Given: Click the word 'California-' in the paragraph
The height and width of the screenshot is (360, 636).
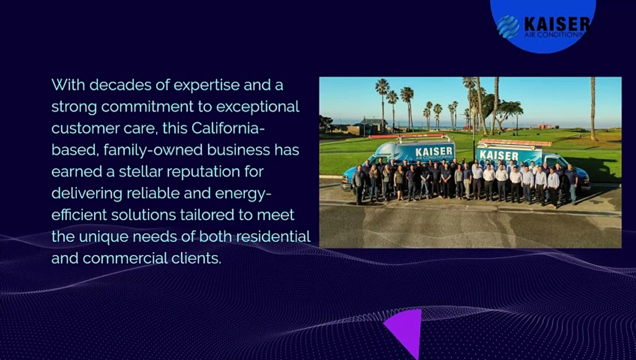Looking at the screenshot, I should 228,128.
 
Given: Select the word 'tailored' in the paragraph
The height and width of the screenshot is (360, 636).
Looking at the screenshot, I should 226,215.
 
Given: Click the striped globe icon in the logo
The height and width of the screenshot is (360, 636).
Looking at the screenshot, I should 508,26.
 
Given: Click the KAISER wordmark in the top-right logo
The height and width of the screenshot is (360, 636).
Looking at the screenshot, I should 556,23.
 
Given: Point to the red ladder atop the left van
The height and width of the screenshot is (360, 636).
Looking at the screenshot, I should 400,136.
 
